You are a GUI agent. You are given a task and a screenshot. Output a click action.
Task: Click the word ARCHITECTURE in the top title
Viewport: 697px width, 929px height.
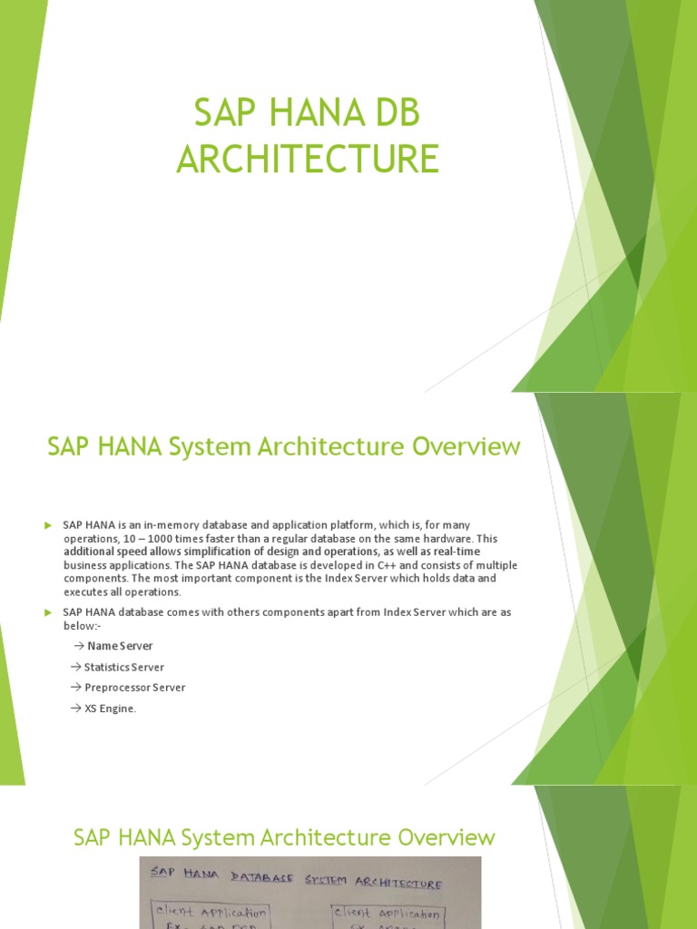point(308,159)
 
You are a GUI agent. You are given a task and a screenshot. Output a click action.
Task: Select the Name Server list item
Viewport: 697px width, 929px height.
point(119,646)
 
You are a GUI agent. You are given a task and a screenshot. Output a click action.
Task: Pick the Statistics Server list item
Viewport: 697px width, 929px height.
point(124,667)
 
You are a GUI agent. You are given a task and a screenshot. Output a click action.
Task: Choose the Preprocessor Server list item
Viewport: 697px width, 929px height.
point(134,688)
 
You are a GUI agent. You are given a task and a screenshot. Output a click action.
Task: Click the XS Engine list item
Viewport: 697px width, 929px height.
point(110,709)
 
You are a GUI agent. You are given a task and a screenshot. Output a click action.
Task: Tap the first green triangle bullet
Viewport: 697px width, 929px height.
point(48,525)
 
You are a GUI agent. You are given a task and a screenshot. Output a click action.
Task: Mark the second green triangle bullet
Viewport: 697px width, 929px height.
point(48,613)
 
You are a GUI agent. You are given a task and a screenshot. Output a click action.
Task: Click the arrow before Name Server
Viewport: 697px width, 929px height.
point(77,646)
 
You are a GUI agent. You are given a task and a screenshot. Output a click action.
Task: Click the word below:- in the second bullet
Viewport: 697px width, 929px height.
point(80,626)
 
